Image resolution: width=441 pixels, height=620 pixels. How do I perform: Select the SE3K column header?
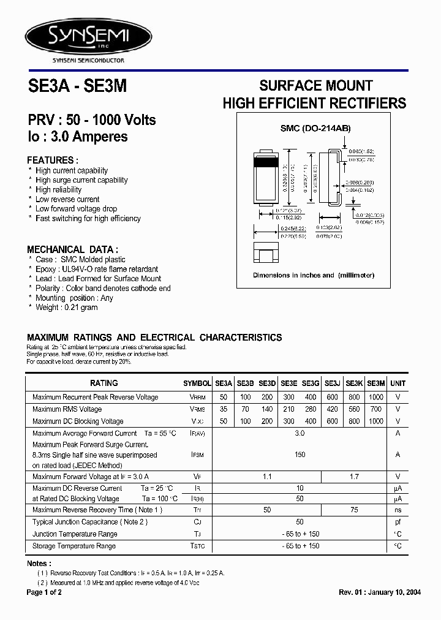point(355,383)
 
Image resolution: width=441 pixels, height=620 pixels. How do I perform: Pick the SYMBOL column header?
point(197,384)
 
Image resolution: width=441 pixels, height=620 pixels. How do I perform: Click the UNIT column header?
point(398,383)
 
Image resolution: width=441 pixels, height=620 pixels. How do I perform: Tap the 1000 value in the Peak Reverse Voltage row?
point(377,397)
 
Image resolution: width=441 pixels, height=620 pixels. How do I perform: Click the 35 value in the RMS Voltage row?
point(223,409)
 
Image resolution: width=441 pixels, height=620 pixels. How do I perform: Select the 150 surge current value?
point(300,455)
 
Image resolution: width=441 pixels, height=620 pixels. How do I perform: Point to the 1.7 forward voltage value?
point(355,476)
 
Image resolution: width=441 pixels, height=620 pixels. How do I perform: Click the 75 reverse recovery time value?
point(355,510)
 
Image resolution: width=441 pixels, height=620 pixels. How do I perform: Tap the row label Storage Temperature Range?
point(74,546)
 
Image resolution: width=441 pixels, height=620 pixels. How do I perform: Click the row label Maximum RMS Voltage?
point(67,409)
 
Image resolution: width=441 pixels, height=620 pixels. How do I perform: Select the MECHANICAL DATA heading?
point(73,249)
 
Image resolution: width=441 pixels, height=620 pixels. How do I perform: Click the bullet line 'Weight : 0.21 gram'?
point(66,308)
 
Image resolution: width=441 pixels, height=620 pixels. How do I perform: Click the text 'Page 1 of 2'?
point(45,592)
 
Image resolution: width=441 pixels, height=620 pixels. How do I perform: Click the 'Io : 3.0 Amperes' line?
point(78,137)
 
